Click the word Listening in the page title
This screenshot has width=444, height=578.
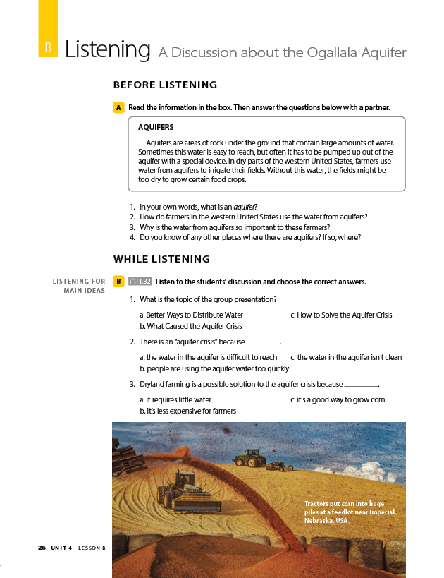click(x=107, y=49)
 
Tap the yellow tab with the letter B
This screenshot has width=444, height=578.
click(x=48, y=47)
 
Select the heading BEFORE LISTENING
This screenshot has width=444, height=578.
click(x=165, y=85)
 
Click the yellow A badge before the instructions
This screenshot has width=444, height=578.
click(x=118, y=107)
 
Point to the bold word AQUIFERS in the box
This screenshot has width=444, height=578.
click(x=156, y=128)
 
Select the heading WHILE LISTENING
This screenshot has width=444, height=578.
click(x=161, y=259)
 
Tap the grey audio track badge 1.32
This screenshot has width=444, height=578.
click(x=140, y=282)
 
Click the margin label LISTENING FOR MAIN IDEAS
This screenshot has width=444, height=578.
click(x=80, y=286)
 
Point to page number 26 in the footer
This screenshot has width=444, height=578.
click(x=42, y=548)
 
